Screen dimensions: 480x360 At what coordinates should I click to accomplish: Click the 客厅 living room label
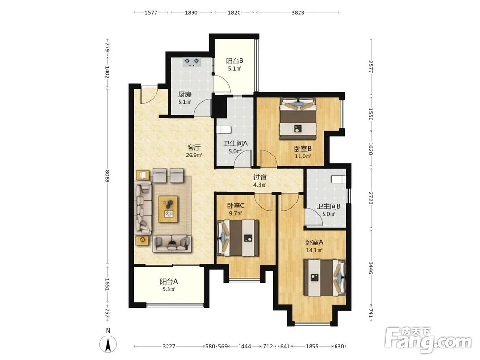[194, 147]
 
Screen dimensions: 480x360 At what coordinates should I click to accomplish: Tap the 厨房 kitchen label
[185, 95]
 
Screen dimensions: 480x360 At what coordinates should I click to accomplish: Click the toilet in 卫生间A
[223, 130]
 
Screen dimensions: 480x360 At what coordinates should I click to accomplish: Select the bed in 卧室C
[238, 239]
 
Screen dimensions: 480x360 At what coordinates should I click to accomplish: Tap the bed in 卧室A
[324, 277]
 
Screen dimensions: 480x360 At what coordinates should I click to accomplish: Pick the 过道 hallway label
[260, 177]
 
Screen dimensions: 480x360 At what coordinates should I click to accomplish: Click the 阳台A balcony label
[168, 281]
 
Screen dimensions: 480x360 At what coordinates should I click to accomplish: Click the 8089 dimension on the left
[107, 176]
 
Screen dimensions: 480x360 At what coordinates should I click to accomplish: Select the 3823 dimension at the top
[298, 12]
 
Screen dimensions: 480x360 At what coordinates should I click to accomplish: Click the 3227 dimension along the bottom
[168, 346]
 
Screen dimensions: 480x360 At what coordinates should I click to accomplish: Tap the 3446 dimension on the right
[371, 268]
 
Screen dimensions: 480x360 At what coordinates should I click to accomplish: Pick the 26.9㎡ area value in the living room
[194, 155]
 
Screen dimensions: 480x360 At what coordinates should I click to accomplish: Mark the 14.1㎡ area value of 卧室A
[314, 250]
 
